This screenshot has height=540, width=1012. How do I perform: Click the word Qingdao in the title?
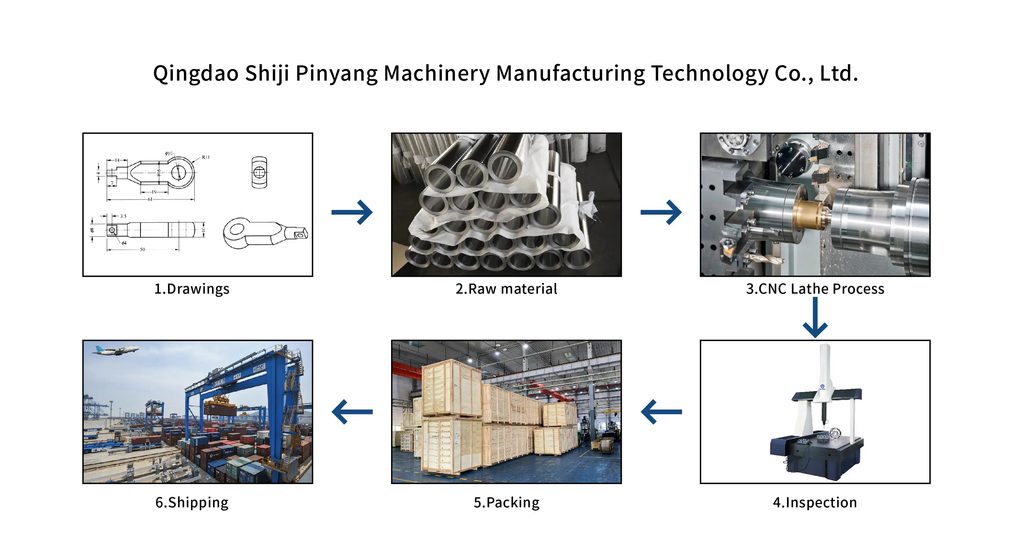[x=196, y=73]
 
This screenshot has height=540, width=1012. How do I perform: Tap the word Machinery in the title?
[x=436, y=73]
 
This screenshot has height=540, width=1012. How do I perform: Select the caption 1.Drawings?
[x=192, y=289]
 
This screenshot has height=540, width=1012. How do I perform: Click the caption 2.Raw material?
[x=506, y=289]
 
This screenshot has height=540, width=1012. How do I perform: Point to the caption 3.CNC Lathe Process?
[x=815, y=289]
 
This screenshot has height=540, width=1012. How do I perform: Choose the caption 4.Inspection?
[x=815, y=503]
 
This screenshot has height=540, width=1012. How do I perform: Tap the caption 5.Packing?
[x=506, y=503]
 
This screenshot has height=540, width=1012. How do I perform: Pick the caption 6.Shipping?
[x=192, y=503]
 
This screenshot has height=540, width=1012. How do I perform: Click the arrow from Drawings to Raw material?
[x=352, y=212]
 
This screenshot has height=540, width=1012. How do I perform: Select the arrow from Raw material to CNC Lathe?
[x=661, y=212]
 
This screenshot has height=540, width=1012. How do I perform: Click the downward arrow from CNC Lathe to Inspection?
[x=815, y=317]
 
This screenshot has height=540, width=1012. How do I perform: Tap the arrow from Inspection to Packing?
[x=661, y=411]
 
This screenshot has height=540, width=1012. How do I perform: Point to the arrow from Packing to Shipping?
[x=352, y=411]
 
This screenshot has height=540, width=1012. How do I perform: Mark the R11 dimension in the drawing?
[x=206, y=157]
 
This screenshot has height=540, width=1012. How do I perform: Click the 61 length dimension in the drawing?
[x=150, y=199]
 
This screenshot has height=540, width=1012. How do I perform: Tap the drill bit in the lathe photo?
[x=766, y=259]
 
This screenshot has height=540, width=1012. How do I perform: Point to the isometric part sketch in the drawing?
[x=265, y=233]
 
